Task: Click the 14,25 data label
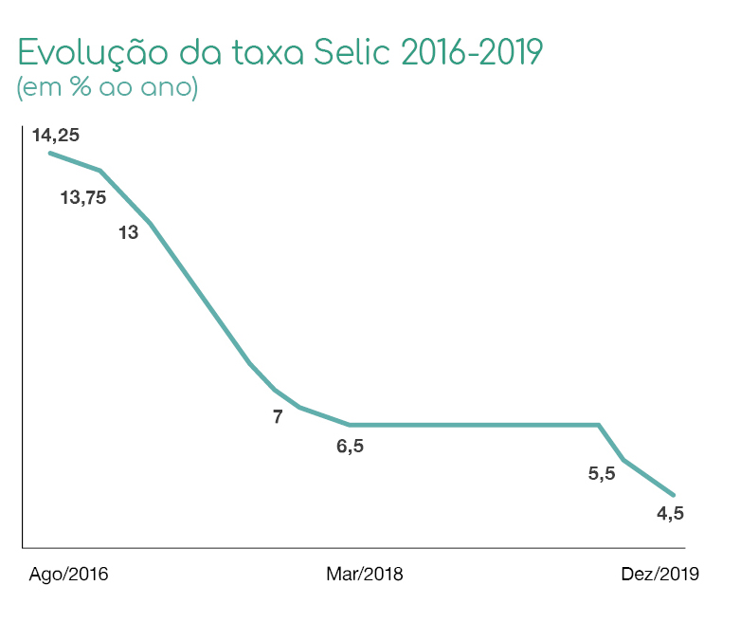tap(56, 135)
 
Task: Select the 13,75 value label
tap(83, 198)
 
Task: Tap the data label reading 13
tap(128, 232)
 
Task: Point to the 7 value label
tap(278, 416)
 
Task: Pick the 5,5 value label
tap(602, 474)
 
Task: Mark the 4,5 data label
tap(670, 515)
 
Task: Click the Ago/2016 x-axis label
tap(69, 575)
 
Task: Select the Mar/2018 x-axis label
tap(365, 575)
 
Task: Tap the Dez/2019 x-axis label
tap(659, 575)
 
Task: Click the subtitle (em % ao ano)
tap(107, 88)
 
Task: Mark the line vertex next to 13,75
tap(100, 171)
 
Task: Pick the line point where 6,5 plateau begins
tap(350, 425)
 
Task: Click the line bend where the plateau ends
tap(599, 425)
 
